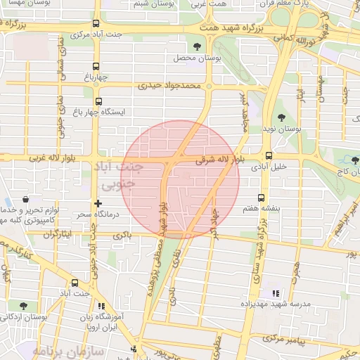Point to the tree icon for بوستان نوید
pos(282,117)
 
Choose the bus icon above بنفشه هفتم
pos(262,198)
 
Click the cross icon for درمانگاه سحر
pos(97,203)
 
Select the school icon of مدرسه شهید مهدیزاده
pos(275,293)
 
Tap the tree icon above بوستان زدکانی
pos(24,306)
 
